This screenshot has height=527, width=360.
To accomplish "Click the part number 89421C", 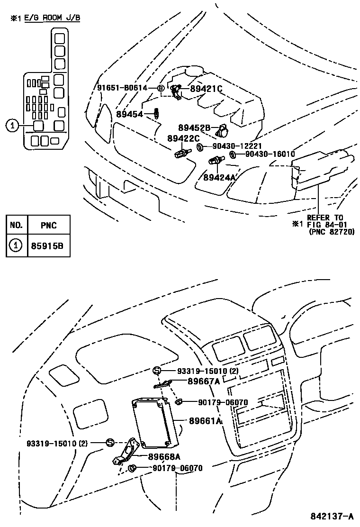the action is click(x=206, y=89).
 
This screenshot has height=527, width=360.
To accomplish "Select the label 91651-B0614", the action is click(x=122, y=88).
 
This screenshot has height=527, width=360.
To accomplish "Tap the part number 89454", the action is click(x=130, y=114).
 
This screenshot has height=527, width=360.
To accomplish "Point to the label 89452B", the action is click(x=194, y=127).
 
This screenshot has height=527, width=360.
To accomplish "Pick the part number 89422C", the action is click(x=183, y=138).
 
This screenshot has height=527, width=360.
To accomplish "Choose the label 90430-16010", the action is click(x=270, y=154).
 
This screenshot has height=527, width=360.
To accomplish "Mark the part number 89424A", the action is click(x=219, y=177).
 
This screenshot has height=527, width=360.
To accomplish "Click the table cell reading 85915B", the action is click(x=47, y=246).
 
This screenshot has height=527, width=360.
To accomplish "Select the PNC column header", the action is click(x=49, y=226).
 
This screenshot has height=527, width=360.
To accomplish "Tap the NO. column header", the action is click(x=16, y=225).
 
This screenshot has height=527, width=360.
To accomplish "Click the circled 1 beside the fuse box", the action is click(x=12, y=126).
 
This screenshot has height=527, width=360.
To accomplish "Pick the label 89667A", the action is click(x=204, y=381).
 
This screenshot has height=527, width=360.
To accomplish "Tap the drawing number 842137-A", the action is click(x=332, y=516).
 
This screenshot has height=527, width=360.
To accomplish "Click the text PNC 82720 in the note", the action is click(x=332, y=232).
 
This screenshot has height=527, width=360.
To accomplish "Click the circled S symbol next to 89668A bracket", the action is click(x=110, y=443).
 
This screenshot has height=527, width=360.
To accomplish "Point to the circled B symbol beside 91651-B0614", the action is click(x=161, y=88).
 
